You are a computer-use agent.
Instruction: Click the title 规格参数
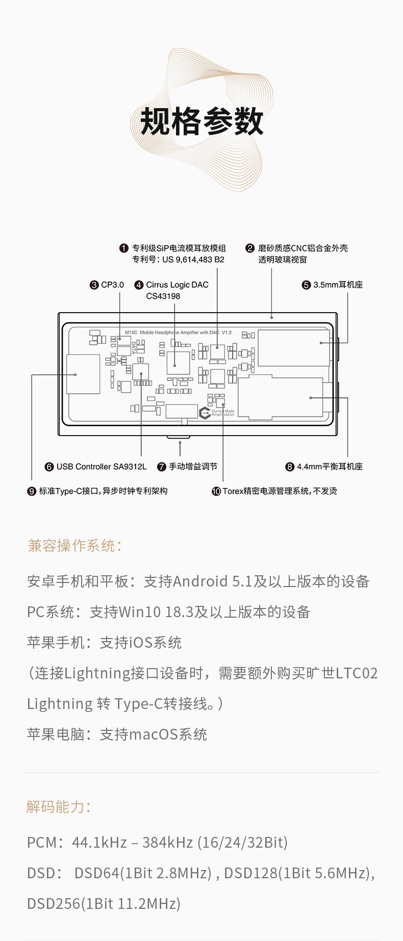[202, 122]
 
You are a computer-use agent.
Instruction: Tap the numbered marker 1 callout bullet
[123, 248]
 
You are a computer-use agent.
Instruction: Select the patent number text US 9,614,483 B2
[193, 260]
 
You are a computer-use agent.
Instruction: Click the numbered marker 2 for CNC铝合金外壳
[250, 248]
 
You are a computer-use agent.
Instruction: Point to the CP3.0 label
[112, 285]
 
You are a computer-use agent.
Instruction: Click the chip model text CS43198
[163, 296]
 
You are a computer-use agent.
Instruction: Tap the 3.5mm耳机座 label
[338, 285]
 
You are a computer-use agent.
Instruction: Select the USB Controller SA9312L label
[102, 467]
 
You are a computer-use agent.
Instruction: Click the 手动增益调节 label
[193, 467]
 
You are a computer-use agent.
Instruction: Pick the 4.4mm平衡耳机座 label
[330, 467]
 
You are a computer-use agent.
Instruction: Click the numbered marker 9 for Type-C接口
[32, 491]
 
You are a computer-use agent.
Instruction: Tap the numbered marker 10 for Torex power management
[216, 491]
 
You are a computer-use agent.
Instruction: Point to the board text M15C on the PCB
[131, 333]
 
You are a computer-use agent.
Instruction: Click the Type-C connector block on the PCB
[83, 374]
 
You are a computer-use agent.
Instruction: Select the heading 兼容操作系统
[74, 546]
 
